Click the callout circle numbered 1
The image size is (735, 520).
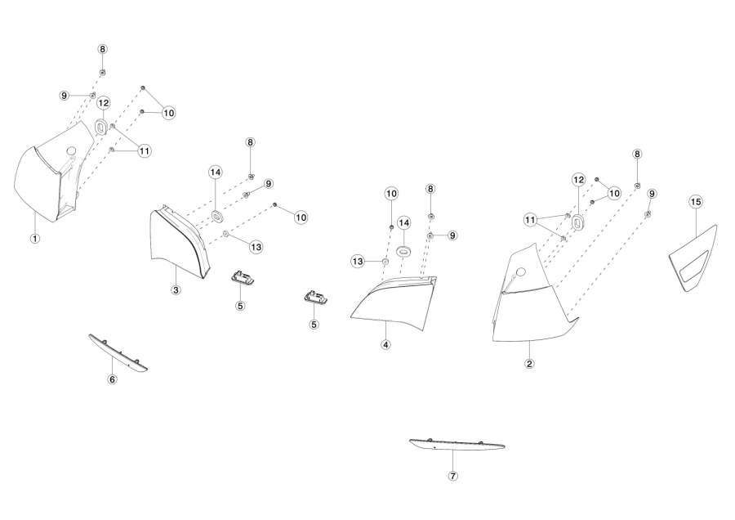click(x=34, y=239)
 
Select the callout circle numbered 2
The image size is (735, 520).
click(x=530, y=364)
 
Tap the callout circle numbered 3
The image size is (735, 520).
click(x=176, y=290)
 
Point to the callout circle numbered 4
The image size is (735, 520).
click(x=385, y=345)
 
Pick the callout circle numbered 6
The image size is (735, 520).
click(x=113, y=379)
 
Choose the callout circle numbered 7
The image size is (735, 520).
click(x=452, y=477)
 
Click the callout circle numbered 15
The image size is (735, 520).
click(x=696, y=202)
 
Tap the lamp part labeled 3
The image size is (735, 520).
click(x=178, y=243)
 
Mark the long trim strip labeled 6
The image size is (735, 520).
click(x=118, y=353)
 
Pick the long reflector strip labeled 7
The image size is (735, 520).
click(x=457, y=445)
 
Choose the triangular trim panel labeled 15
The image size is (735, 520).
click(x=693, y=261)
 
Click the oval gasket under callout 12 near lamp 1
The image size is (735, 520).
click(x=100, y=127)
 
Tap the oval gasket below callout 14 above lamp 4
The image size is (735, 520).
click(x=403, y=251)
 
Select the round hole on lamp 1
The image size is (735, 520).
click(x=71, y=150)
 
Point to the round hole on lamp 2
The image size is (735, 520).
click(x=520, y=271)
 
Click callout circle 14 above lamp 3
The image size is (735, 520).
click(x=215, y=173)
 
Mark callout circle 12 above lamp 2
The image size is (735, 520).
click(x=579, y=180)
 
